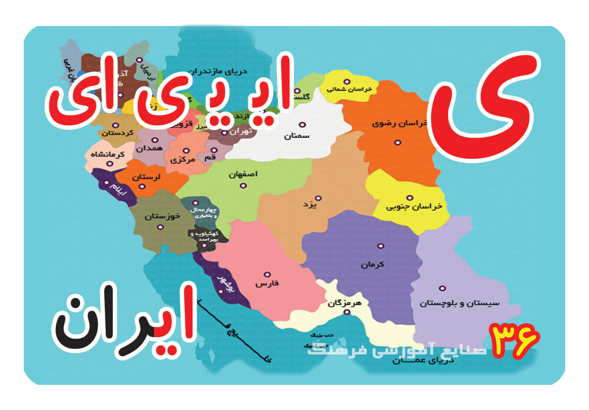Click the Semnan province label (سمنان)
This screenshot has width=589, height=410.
click(x=297, y=136)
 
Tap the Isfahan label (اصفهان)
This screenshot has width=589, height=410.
click(x=243, y=174)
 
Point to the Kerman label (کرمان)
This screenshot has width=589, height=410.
click(x=372, y=264)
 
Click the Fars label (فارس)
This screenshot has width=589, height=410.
click(x=267, y=284)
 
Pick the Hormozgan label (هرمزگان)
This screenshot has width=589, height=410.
click(x=344, y=303)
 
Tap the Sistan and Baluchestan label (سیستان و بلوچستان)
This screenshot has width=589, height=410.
click(x=459, y=303)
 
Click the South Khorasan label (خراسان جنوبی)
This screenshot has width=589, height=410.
click(x=414, y=207)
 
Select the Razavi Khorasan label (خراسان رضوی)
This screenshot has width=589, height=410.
click(x=399, y=123)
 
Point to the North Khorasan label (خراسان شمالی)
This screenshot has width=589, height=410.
click(x=349, y=89)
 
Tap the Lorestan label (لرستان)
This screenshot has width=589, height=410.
click(x=146, y=177)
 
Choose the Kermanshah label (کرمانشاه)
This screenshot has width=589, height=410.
click(x=108, y=154)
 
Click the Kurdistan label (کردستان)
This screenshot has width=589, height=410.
click(x=118, y=133)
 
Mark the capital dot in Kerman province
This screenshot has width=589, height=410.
click(x=380, y=246)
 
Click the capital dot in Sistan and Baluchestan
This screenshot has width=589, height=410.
click(x=442, y=288)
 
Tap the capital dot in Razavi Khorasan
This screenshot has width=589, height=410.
click(x=397, y=142)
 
